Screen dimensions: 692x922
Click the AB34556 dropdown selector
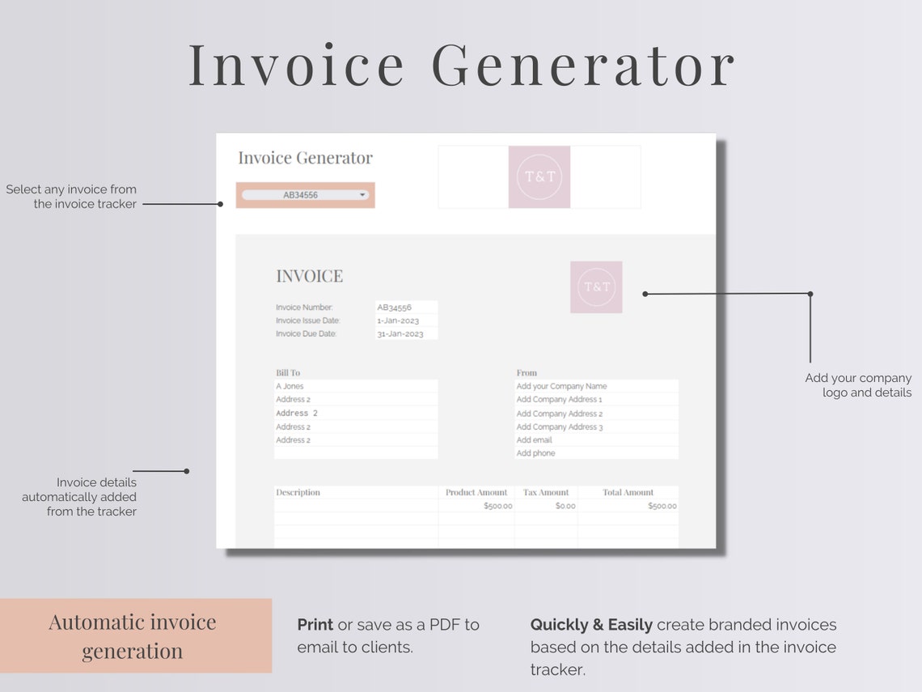click(x=305, y=195)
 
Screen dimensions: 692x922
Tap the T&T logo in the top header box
click(x=539, y=176)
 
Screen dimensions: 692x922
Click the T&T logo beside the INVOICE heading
click(x=596, y=287)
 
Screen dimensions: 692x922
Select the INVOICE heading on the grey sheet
click(x=309, y=276)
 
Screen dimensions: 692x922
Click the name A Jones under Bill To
click(x=290, y=386)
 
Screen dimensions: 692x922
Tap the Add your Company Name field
click(x=561, y=386)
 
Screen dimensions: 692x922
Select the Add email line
click(x=535, y=440)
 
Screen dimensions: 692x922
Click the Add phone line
click(x=535, y=453)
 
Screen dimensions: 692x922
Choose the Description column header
click(x=298, y=492)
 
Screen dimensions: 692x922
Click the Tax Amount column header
click(x=546, y=492)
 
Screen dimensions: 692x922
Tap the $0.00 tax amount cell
click(x=565, y=506)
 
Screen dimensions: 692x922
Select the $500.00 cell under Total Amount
click(x=662, y=506)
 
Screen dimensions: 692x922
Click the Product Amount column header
click(x=476, y=492)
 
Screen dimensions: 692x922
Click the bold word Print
click(x=315, y=625)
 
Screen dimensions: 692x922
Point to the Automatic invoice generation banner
click(x=133, y=636)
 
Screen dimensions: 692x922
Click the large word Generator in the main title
click(x=583, y=65)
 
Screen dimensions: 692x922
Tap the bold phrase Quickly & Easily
click(x=591, y=625)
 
